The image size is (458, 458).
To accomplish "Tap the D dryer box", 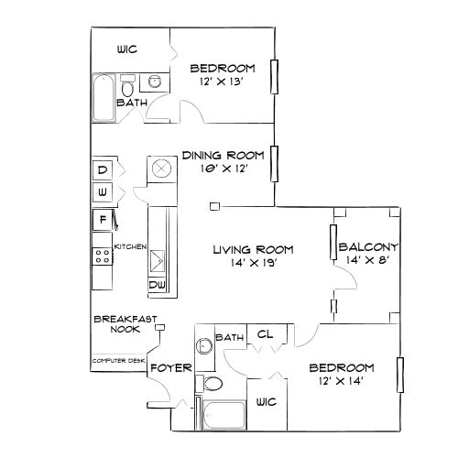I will [x=103, y=170].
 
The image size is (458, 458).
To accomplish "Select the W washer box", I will [x=103, y=193].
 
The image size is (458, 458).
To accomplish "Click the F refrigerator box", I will [x=103, y=220].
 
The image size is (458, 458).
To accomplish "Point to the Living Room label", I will [x=253, y=249].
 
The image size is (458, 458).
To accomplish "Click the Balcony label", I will [x=368, y=247].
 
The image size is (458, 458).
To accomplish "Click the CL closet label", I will [x=265, y=335].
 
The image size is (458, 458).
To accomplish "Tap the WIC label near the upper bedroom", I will [x=126, y=50].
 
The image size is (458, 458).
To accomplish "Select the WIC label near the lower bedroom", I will [x=267, y=401].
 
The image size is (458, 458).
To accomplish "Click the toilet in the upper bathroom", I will [x=127, y=88].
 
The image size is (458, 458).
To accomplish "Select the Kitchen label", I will [x=131, y=245].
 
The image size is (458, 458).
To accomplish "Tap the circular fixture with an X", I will [x=161, y=169].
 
